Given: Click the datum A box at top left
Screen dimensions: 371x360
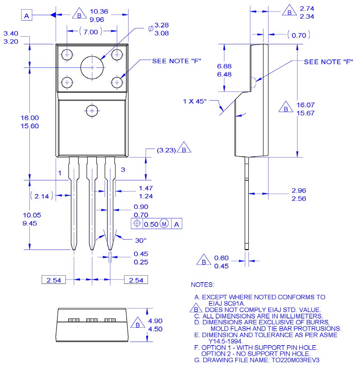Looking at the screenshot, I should [x=27, y=15].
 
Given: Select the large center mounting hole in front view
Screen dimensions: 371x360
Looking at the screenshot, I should [x=92, y=67].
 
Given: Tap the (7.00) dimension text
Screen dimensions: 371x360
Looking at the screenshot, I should [x=91, y=32].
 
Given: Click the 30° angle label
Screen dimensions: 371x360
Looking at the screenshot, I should [x=141, y=240].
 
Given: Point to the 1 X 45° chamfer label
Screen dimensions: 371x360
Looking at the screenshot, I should [x=195, y=101].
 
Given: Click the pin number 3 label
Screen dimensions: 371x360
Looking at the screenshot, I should [x=123, y=169].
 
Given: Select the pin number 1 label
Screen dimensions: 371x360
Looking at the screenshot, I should [x=60, y=173].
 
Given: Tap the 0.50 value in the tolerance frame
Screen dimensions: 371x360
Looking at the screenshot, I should [x=151, y=224].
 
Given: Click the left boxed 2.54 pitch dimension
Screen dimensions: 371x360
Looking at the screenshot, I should [x=54, y=280].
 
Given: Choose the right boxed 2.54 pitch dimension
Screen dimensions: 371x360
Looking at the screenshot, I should [x=136, y=280].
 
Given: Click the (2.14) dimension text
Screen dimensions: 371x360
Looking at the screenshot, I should [x=42, y=196].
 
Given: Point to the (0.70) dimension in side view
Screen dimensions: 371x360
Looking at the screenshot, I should [x=299, y=36].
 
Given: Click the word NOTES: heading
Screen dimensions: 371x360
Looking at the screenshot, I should [x=202, y=285].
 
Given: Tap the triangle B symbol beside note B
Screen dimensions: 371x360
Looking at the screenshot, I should [x=196, y=309].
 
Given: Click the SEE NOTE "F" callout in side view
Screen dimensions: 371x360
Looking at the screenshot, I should [x=328, y=62].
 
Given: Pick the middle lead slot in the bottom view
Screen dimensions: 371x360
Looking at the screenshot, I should [x=92, y=320].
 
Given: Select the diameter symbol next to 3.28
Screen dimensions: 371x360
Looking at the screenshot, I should [x=151, y=29].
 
